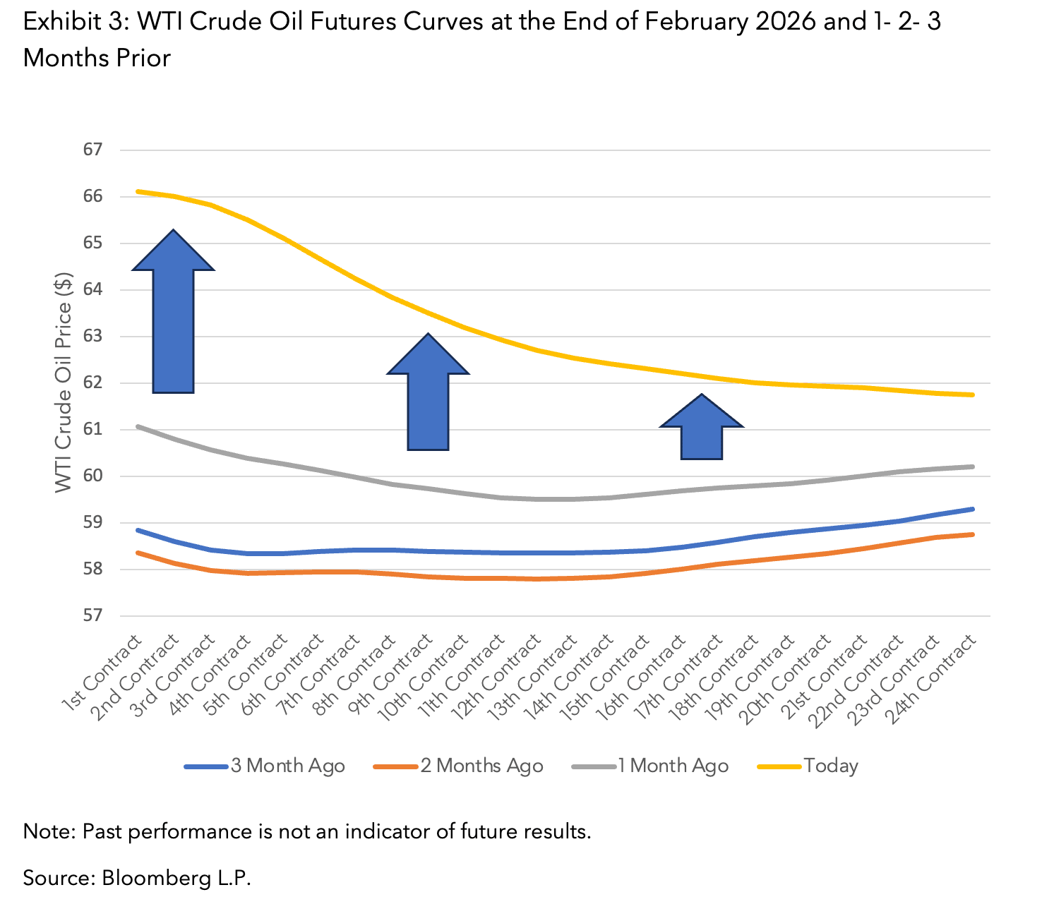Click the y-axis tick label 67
pyautogui.click(x=92, y=150)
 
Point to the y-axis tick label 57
pyautogui.click(x=92, y=615)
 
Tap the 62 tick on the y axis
pyautogui.click(x=92, y=383)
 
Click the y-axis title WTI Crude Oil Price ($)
pyautogui.click(x=64, y=383)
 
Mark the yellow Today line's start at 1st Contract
pyautogui.click(x=138, y=191)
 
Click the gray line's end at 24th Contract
pyautogui.click(x=973, y=466)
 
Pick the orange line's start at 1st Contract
pyautogui.click(x=138, y=553)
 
